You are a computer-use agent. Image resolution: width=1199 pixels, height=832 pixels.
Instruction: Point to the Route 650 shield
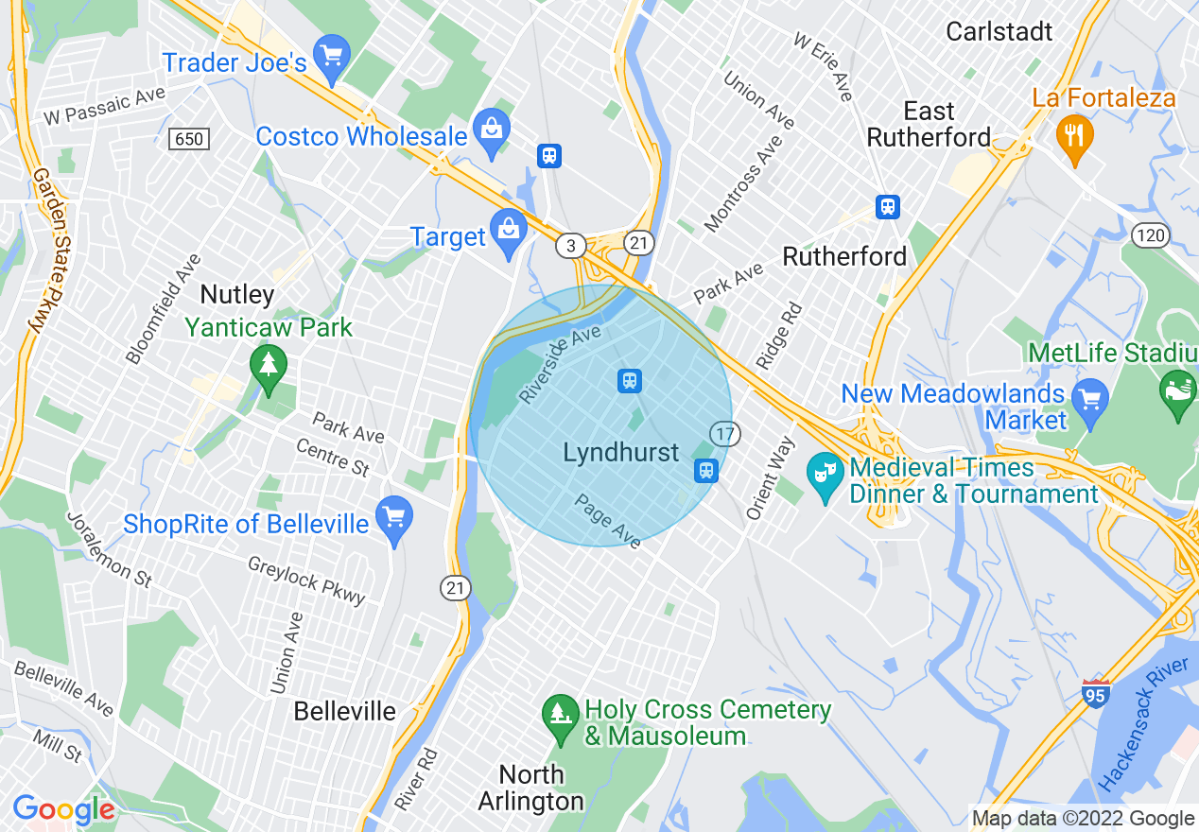tap(189, 139)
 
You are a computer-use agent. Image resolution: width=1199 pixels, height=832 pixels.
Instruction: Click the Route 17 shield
tap(725, 434)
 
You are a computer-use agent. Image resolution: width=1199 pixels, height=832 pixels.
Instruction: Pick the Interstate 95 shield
tap(1095, 693)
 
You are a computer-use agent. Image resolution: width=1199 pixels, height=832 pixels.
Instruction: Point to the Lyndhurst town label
tap(621, 453)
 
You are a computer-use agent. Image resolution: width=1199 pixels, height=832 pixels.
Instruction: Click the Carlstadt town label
tap(999, 31)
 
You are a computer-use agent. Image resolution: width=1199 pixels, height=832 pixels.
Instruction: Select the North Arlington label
tap(531, 788)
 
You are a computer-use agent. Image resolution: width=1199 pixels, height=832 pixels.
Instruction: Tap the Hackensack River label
tap(1144, 724)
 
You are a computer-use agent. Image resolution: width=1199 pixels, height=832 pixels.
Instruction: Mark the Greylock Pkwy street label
tap(306, 580)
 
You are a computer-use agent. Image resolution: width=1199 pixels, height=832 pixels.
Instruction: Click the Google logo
tap(63, 809)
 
